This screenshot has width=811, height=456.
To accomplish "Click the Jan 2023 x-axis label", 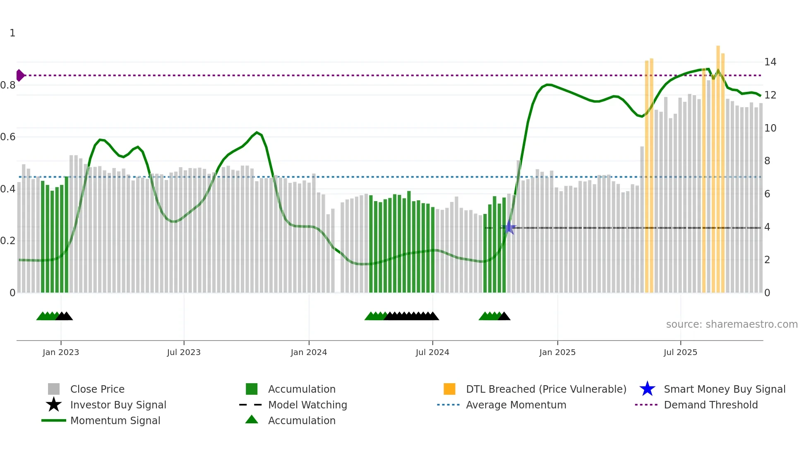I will pos(61,352).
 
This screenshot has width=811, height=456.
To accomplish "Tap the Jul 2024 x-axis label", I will pos(432,352).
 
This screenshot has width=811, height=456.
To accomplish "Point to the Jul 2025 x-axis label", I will pos(680,352).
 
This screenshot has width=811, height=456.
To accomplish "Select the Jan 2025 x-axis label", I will pos(557,352).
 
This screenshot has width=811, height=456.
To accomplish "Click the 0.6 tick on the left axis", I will pos(8,137).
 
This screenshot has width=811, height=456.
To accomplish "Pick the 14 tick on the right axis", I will pos(770,62).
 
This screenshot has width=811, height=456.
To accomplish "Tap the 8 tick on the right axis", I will pos(767,161).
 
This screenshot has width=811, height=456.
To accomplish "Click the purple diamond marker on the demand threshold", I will pos(20,75).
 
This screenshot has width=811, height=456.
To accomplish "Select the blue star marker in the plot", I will pos(509,228).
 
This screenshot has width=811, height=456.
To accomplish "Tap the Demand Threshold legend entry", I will pos(710,405).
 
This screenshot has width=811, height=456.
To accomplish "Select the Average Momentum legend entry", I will pos(516,405).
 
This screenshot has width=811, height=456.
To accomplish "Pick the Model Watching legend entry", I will pos(307,405).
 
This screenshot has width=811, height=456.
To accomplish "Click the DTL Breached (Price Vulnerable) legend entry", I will pos(546,389).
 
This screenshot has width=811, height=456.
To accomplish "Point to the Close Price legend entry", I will pos(97,389).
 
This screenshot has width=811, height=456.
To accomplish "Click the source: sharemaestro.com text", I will pos(732,324).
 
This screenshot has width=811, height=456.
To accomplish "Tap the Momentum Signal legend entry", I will pos(115,420).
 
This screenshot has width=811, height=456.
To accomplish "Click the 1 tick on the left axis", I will pos(12,33).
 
